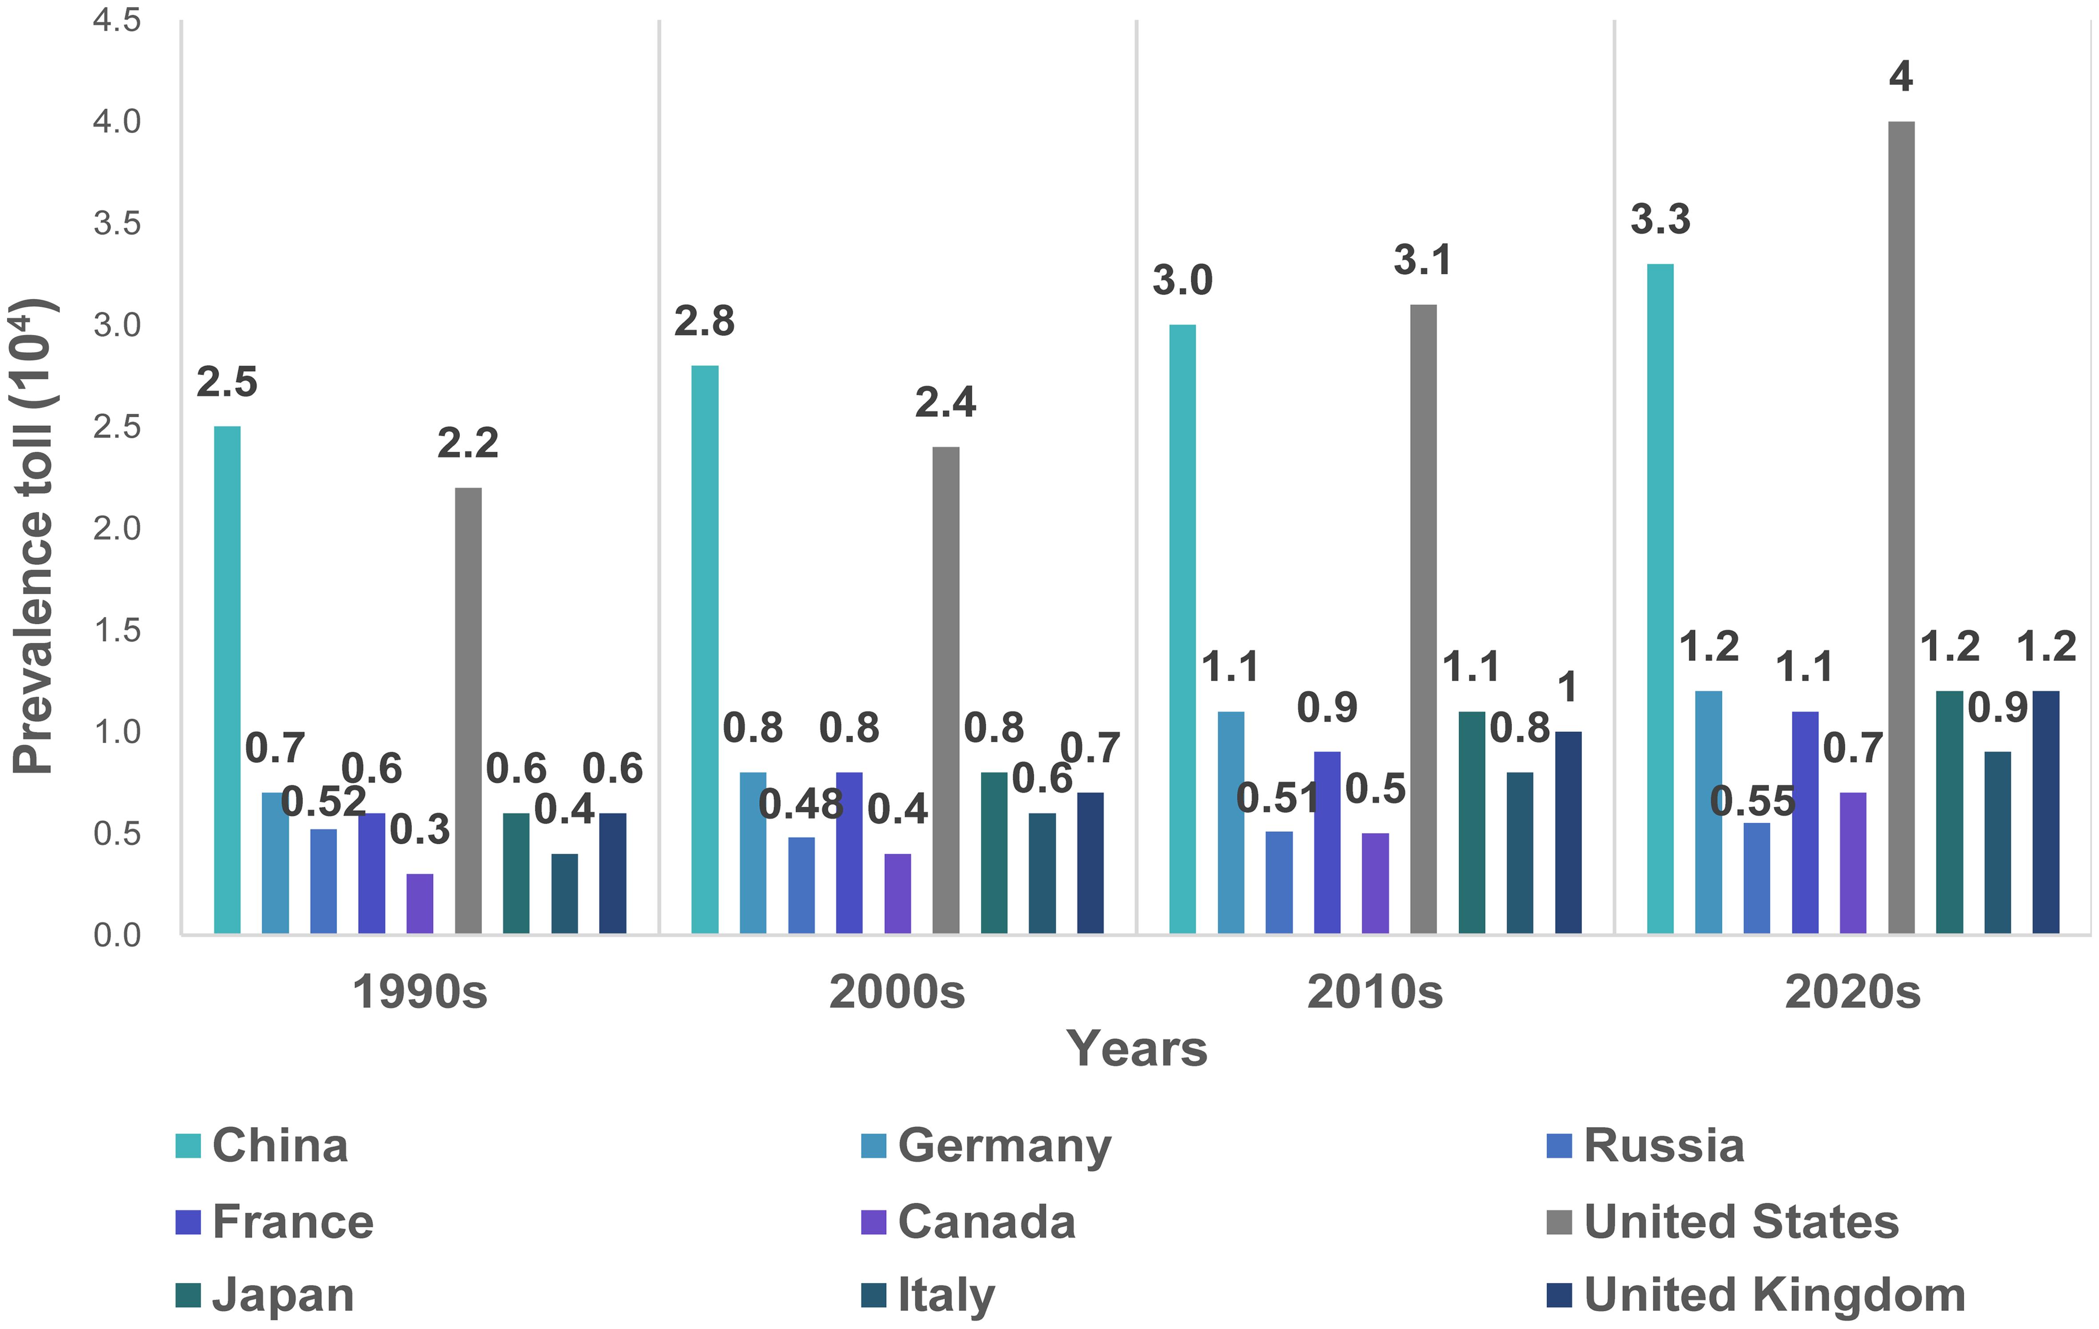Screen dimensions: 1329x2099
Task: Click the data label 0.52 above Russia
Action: click(x=323, y=802)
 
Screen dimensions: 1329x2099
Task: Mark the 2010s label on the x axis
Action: click(x=1375, y=992)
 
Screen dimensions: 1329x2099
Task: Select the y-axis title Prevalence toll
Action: click(x=33, y=536)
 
